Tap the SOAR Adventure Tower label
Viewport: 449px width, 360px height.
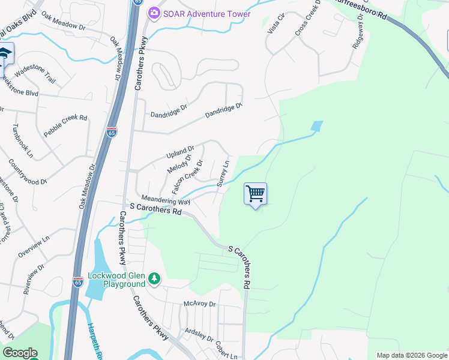point(207,13)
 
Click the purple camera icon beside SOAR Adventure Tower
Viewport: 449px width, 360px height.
point(155,13)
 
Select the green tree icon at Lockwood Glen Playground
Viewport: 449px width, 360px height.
point(154,278)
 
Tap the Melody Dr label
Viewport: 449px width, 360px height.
point(178,164)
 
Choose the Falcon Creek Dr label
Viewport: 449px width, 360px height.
point(187,176)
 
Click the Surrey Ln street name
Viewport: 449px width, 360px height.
point(223,173)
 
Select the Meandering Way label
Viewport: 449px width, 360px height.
point(165,200)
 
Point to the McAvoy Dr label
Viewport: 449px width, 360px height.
point(199,304)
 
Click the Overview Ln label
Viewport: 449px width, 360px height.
point(34,247)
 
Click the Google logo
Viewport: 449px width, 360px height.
point(20,353)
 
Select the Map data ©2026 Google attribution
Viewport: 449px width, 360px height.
point(411,355)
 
